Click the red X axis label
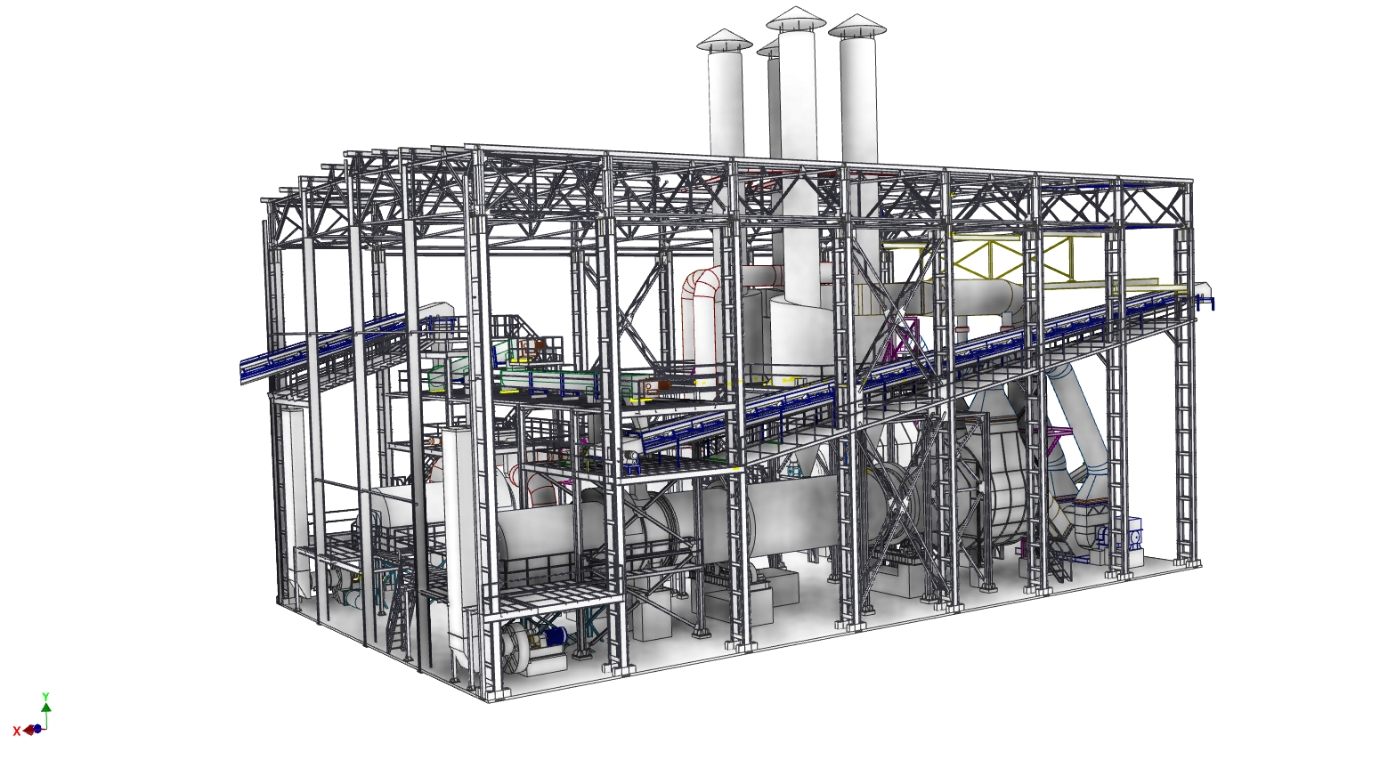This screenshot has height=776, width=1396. tap(17, 732)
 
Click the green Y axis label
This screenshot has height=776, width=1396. tap(45, 696)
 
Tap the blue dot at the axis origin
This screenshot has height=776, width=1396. tap(37, 729)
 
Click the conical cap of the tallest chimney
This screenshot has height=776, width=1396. tap(796, 19)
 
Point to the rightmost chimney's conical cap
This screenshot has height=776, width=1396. tap(856, 26)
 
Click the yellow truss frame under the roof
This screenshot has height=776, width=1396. tap(1022, 263)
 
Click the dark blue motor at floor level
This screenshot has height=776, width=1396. tap(554, 636)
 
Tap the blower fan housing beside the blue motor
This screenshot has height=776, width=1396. tap(523, 648)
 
